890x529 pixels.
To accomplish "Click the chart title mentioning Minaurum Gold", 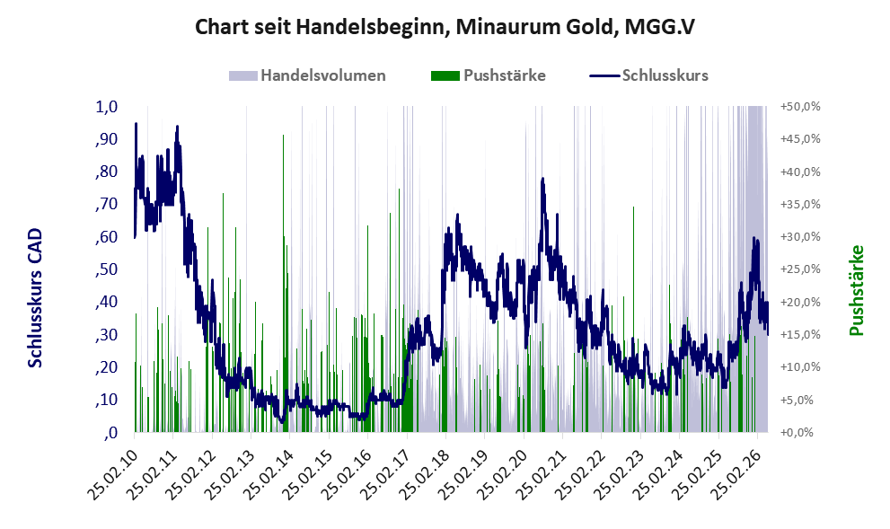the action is click(445, 27).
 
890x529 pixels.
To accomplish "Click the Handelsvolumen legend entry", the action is click(307, 75).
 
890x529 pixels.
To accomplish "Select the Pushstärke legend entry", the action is click(489, 75).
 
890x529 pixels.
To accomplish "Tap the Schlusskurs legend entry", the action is click(648, 75).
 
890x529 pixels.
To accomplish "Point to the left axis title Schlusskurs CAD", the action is click(35, 298).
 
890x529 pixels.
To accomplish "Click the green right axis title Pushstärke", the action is click(857, 290).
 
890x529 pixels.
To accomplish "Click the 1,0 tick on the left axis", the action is click(106, 107).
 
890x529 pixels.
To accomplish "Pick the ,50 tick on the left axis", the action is click(106, 269).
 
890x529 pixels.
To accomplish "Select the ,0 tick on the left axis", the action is click(110, 433).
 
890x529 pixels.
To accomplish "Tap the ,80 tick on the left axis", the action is click(106, 172).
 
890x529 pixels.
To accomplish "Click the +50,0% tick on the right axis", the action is click(800, 107).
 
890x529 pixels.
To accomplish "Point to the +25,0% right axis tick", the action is click(800, 269).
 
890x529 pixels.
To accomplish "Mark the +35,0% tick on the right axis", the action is click(800, 205).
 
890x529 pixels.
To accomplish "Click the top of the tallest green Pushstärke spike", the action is click(283, 135).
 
